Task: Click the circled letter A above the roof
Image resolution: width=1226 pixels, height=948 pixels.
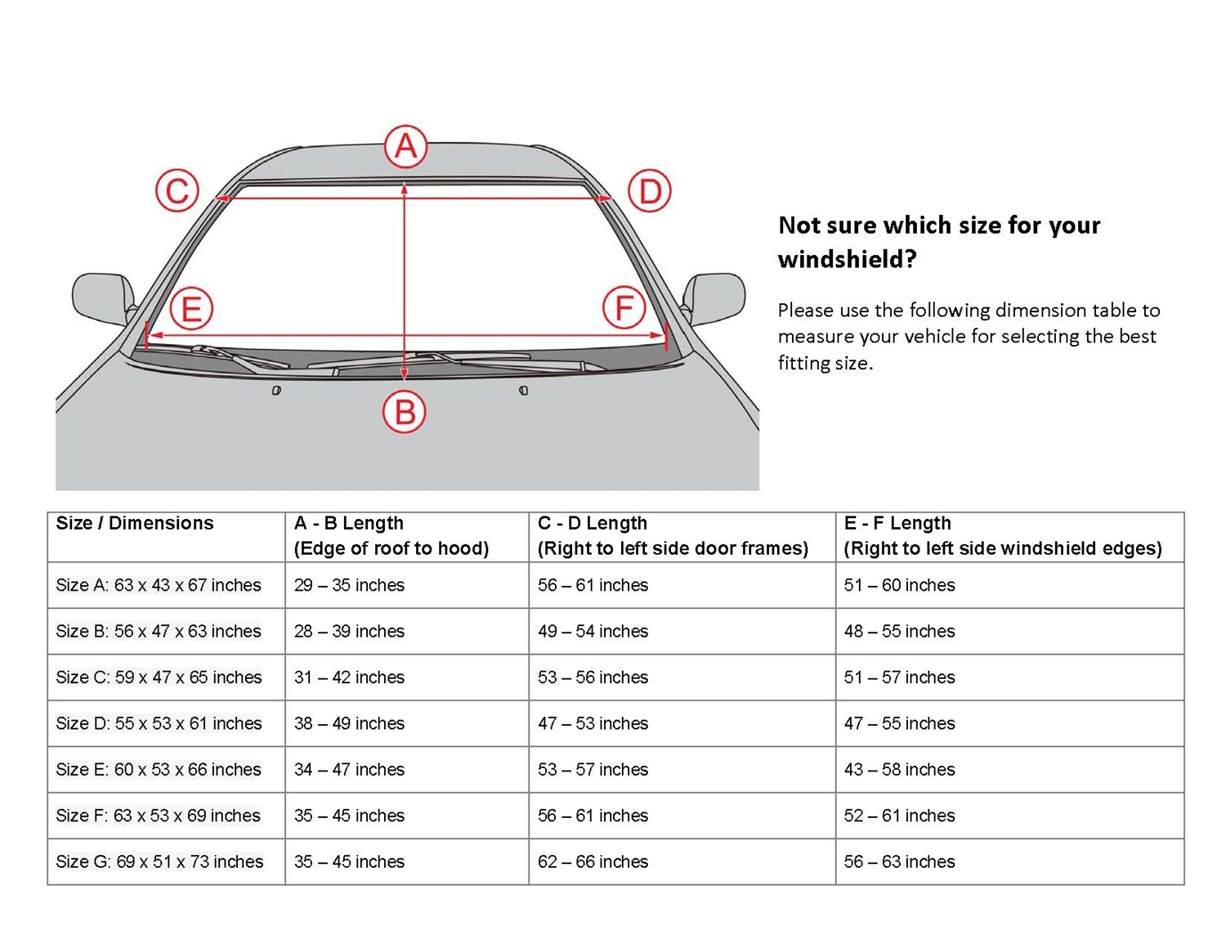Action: click(x=406, y=147)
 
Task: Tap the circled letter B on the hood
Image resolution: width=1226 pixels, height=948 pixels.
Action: click(x=405, y=412)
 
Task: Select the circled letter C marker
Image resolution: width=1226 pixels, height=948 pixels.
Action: click(x=177, y=191)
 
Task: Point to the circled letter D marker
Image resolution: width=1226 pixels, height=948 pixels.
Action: click(x=650, y=192)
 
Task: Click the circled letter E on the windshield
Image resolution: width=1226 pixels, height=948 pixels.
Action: click(x=191, y=309)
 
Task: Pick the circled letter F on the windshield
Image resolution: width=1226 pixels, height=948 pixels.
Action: click(x=624, y=308)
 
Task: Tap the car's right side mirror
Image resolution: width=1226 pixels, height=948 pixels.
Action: click(x=715, y=298)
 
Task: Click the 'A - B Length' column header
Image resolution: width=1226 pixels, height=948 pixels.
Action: click(x=348, y=523)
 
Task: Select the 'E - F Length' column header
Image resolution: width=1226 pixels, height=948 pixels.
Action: click(x=897, y=523)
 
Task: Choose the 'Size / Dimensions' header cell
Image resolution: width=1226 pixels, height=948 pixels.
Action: click(x=135, y=523)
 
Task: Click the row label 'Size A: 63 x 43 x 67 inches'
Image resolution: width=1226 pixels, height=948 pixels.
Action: click(x=159, y=585)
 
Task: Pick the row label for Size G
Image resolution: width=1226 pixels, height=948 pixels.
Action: click(x=159, y=861)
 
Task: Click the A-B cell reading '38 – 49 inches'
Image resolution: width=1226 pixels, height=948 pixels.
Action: click(x=349, y=723)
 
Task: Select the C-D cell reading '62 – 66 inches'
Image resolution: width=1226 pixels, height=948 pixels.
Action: click(x=593, y=861)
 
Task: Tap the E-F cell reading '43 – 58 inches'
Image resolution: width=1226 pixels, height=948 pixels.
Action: click(x=899, y=769)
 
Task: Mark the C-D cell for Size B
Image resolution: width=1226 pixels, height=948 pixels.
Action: click(x=593, y=631)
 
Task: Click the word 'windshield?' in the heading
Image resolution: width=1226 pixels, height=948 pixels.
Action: click(x=847, y=260)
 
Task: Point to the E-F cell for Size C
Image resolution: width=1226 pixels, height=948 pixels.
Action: click(x=899, y=677)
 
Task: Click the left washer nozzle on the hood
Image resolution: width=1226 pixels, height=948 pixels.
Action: click(x=276, y=391)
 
